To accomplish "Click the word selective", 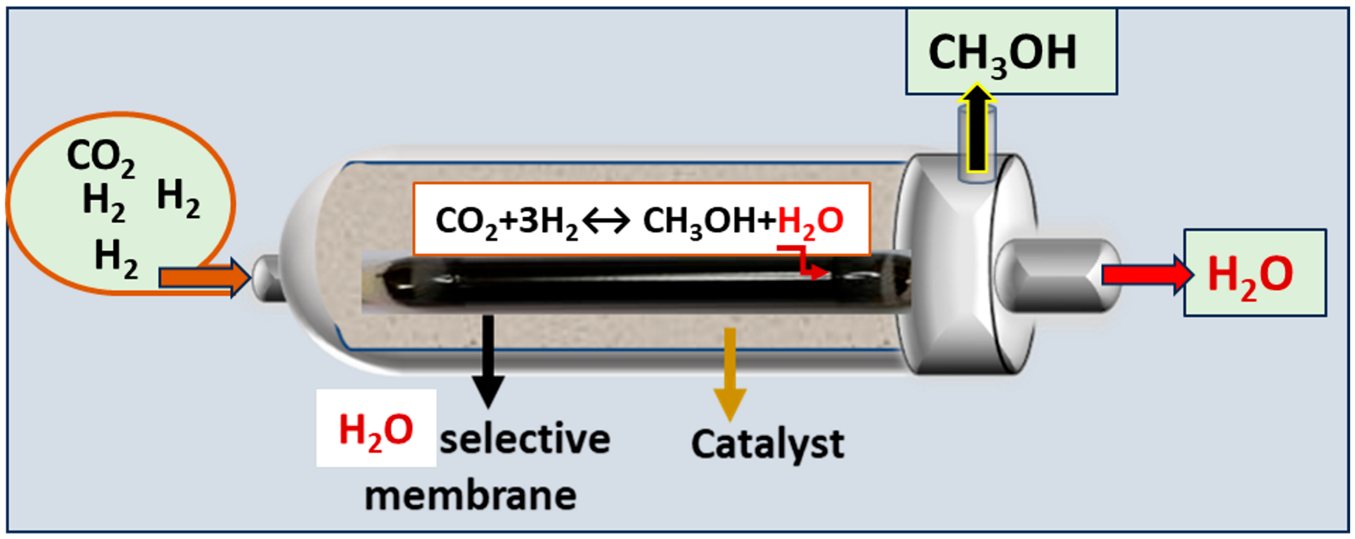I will [x=524, y=440].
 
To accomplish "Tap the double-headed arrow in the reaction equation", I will [x=606, y=221].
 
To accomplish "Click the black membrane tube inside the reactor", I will [x=631, y=283].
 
